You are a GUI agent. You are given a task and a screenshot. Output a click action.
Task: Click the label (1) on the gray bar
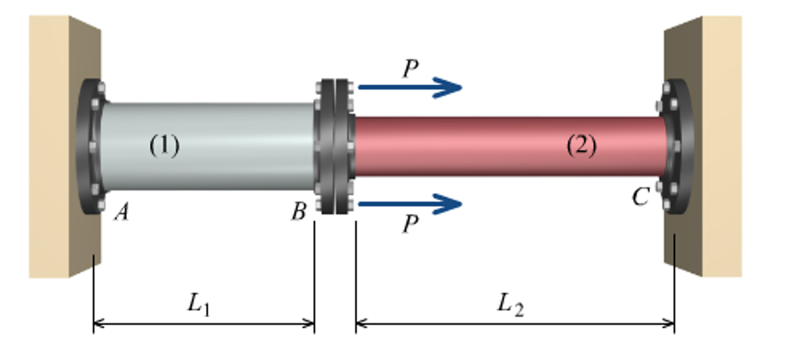pyautogui.click(x=164, y=145)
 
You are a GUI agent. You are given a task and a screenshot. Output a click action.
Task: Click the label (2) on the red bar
pyautogui.click(x=580, y=145)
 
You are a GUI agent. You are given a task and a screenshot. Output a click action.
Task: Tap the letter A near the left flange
pyautogui.click(x=120, y=211)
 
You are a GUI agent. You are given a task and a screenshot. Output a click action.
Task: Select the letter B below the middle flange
pyautogui.click(x=298, y=211)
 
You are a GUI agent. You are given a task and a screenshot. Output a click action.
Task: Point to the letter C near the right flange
pyautogui.click(x=640, y=198)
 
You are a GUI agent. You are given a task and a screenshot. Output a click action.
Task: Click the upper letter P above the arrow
pyautogui.click(x=410, y=69)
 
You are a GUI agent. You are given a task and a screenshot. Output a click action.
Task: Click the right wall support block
pyautogui.click(x=707, y=148)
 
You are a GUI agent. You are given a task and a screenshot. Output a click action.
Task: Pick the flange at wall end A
pyautogui.click(x=89, y=146)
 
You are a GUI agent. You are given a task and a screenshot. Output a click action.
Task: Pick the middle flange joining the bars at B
pyautogui.click(x=334, y=146)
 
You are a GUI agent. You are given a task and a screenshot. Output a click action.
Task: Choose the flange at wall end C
pyautogui.click(x=677, y=146)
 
